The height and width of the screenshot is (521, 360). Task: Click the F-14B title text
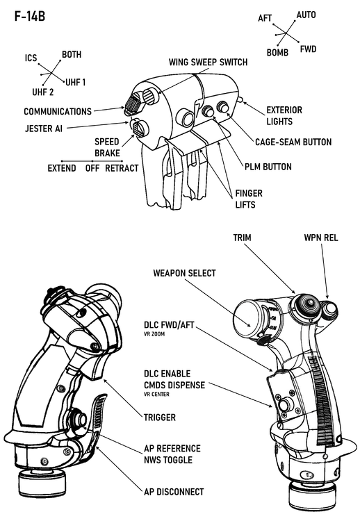coord(30,17)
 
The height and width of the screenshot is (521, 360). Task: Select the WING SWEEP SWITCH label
coord(208,63)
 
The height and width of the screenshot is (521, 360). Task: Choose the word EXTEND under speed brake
coord(62,168)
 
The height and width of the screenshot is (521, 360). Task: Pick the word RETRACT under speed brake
coord(122,168)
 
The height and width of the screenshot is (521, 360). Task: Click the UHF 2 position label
coord(42,92)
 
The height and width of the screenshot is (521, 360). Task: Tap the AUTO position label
coord(306,15)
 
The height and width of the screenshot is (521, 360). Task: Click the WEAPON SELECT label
coord(185,273)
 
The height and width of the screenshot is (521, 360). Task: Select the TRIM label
coord(243,238)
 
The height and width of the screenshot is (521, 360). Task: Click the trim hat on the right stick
coord(305,303)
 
